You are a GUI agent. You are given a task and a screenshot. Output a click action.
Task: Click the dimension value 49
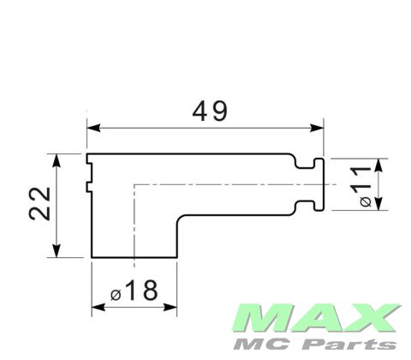(x=209, y=112)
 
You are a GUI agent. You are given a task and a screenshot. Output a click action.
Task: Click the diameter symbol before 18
(x=116, y=294)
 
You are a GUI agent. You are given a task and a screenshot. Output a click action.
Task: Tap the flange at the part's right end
(x=320, y=183)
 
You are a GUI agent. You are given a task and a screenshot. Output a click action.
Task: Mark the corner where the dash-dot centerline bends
(x=135, y=184)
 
